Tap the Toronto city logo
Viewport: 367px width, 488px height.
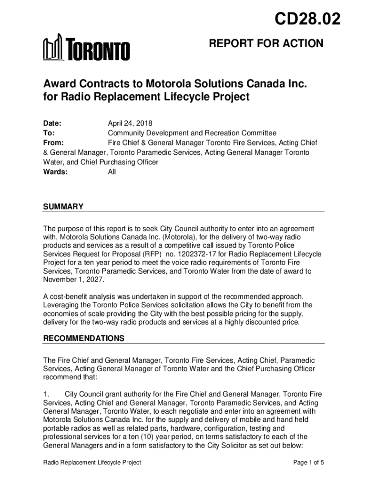tap(86, 48)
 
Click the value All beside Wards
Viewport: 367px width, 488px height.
tap(112, 172)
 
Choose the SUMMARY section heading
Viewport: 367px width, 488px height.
tap(63, 206)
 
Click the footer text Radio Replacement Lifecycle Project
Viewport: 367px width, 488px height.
tap(92, 462)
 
